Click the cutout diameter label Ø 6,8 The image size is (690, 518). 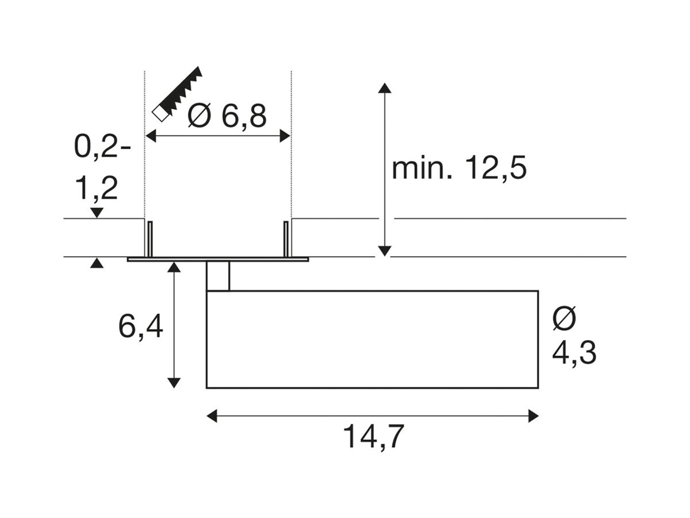pos(228,117)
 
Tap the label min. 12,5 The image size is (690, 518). pos(459,169)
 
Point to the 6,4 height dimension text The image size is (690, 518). pos(140,327)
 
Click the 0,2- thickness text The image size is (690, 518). pos(102,148)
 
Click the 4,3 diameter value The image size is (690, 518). pos(573,353)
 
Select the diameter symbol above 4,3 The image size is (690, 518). pos(563,319)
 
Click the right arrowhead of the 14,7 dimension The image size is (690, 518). pos(533,416)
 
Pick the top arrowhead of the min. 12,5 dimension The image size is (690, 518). pos(385,87)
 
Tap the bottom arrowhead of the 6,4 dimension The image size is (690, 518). pos(174,382)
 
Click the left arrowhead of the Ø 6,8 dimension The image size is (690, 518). pos(151,136)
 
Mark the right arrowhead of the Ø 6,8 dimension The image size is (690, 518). pos(285,136)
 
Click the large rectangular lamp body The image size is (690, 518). pos(372,339)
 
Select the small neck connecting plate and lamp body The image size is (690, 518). pos(218,276)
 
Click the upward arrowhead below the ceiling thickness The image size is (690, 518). pos(98,263)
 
